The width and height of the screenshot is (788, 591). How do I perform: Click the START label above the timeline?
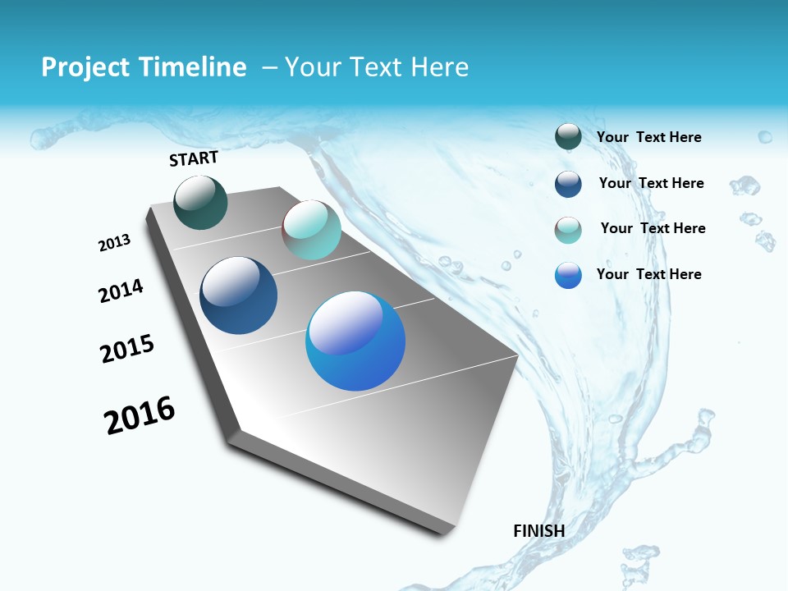194,158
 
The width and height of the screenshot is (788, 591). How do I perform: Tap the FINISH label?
538,531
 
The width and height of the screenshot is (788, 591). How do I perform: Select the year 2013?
114,243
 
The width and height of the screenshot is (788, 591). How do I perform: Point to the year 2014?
121,291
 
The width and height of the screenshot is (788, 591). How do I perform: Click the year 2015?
127,349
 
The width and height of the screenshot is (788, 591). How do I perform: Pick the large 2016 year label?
140,415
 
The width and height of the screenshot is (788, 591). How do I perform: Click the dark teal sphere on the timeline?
200,202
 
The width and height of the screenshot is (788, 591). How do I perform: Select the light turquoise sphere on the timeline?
311,230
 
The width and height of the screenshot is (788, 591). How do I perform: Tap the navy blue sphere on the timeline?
238,295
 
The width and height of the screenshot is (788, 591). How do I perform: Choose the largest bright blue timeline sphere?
355,341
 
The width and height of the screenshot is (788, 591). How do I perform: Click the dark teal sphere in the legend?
568,137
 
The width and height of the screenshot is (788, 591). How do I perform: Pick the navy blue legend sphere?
568,184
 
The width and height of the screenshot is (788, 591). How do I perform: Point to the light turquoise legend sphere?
568,230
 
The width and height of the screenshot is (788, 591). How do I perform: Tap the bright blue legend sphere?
568,275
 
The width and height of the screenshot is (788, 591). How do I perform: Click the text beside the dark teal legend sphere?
648,138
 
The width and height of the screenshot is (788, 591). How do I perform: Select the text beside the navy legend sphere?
651,183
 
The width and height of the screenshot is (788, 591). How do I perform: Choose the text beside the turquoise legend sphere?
653,228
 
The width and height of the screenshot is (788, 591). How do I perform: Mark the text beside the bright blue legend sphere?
648,274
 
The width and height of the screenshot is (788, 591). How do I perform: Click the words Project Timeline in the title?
144,67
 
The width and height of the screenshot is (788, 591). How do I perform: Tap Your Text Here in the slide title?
376,67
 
